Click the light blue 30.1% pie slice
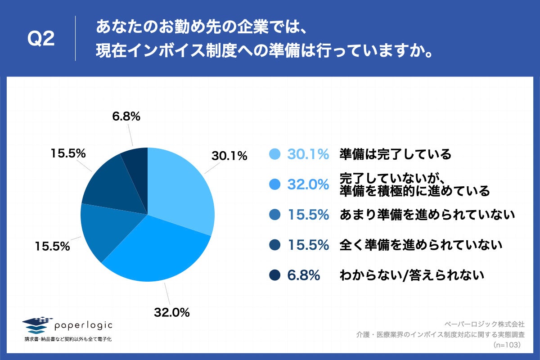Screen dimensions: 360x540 click(x=180, y=189)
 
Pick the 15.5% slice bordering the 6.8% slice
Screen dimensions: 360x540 click(x=108, y=184)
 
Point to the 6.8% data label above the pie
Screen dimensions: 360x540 click(x=126, y=117)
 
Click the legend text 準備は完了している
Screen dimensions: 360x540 click(x=395, y=154)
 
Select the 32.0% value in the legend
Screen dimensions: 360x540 click(x=308, y=184)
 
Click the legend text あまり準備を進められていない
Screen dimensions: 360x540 click(x=427, y=215)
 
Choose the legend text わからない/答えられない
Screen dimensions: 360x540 click(x=412, y=275)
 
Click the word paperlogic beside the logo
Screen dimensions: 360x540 click(x=83, y=325)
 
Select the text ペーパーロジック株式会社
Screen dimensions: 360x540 click(x=484, y=324)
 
